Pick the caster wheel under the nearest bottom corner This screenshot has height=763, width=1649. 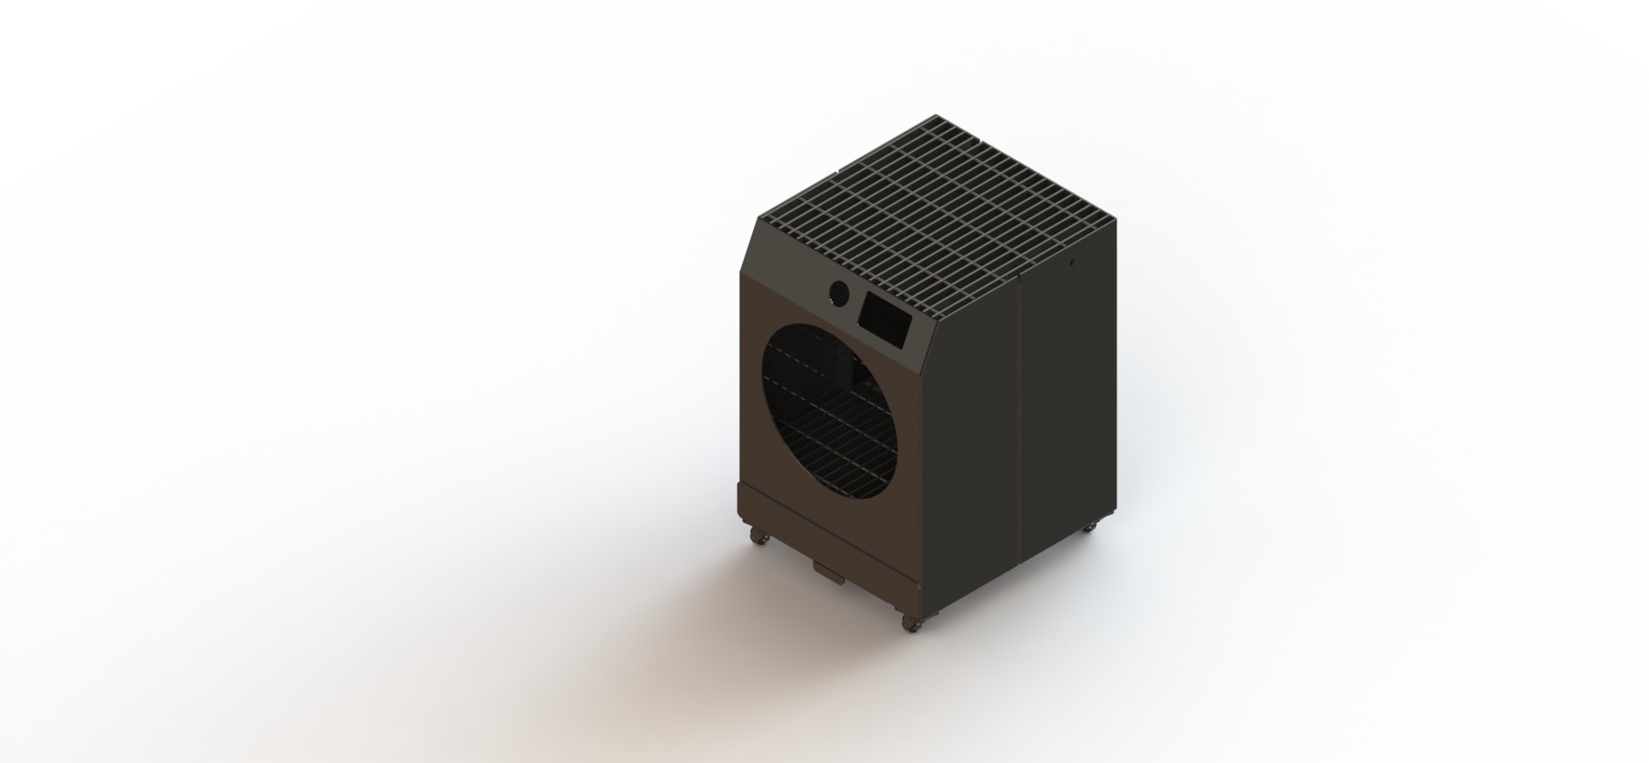click(912, 625)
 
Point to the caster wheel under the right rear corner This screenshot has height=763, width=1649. click(1089, 525)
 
